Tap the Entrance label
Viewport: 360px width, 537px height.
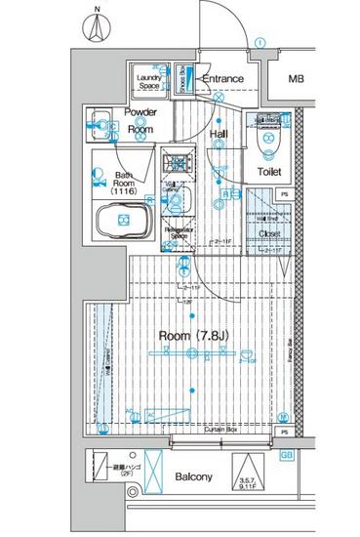coord(222,79)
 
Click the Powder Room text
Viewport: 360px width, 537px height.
coord(141,121)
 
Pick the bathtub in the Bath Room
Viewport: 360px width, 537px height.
coord(123,224)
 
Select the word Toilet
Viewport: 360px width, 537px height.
coord(269,173)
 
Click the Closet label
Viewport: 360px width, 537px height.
coord(270,234)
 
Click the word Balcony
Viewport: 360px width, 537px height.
coord(193,477)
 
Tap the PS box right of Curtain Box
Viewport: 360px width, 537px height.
coord(285,431)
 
